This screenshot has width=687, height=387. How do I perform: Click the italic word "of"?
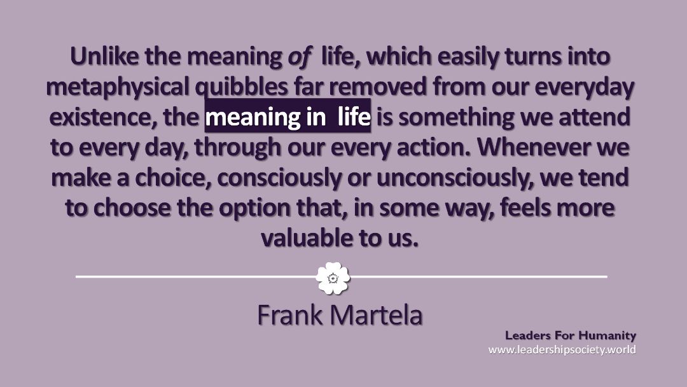(299, 57)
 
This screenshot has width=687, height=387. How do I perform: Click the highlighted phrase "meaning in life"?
(288, 116)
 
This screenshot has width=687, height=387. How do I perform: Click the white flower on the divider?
(333, 278)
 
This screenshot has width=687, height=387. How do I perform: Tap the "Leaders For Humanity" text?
(571, 335)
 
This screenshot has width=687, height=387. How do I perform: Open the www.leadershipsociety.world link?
(562, 349)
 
